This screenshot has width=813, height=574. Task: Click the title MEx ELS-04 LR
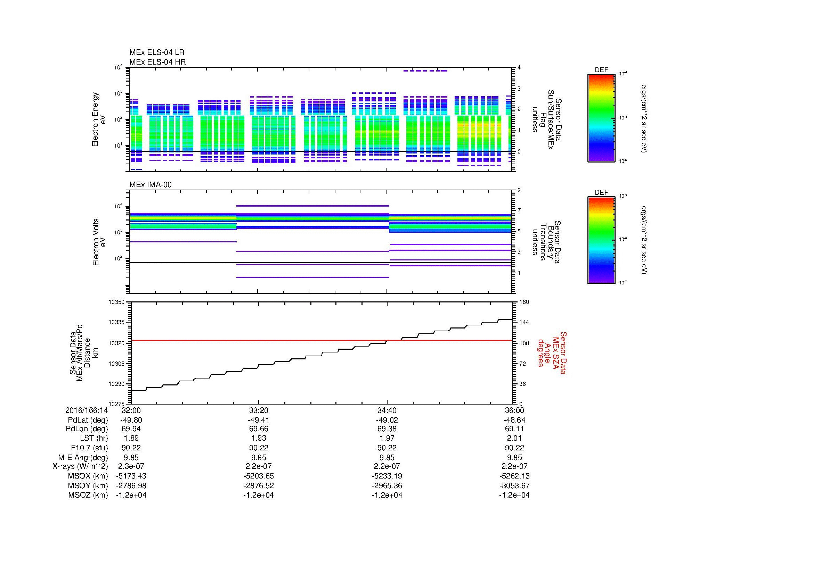156,52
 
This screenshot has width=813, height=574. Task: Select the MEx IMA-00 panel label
150,185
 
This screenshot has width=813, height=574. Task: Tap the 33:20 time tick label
259,410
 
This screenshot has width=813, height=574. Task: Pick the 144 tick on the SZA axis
524,322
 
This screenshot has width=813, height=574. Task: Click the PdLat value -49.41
259,420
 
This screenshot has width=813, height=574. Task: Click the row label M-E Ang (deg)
83,457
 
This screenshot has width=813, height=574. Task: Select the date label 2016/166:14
87,410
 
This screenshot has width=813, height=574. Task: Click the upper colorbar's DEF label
601,70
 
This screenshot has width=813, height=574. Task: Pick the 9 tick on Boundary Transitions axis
519,191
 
